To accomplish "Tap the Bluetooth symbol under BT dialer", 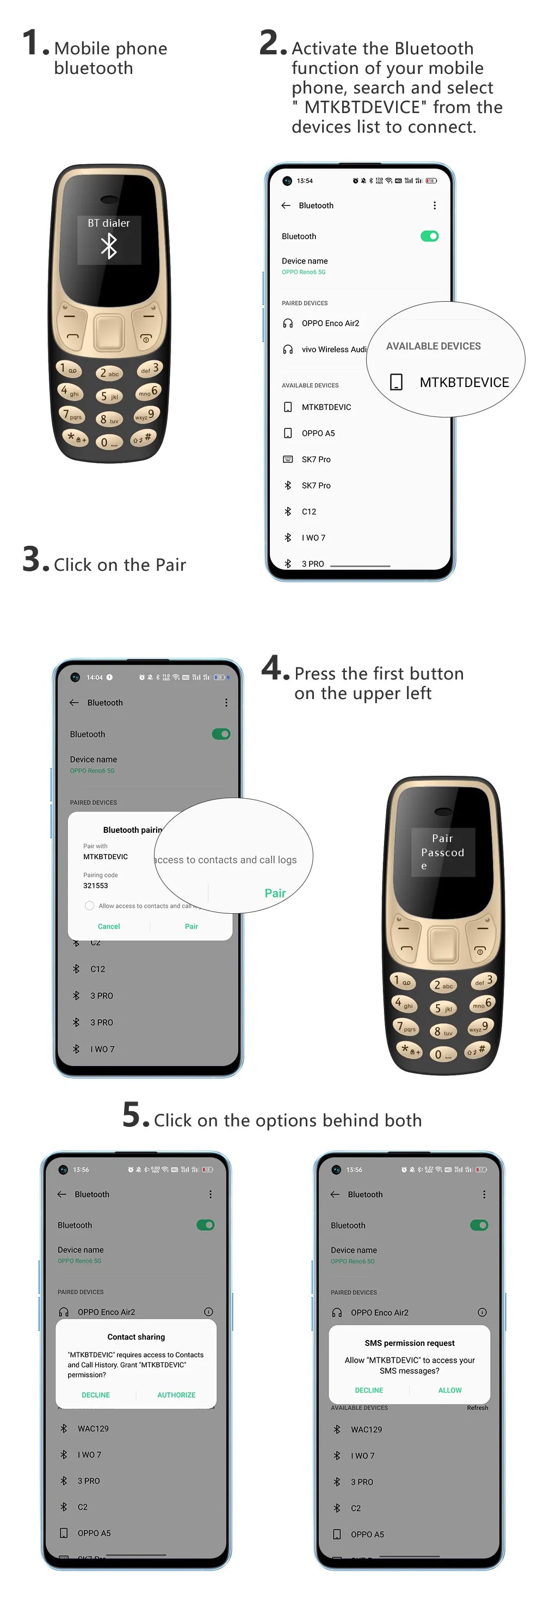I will pos(109,246).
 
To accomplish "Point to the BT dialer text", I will pos(109,223).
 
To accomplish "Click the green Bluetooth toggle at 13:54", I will pos(429,236).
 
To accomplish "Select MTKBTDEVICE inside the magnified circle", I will pos(464,382).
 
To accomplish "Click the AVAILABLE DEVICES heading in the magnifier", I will pos(433,346).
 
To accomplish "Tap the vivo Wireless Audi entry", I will pos(333,350).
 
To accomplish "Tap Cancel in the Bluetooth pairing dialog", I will pos(108,926).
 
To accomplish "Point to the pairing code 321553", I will pos(96,886).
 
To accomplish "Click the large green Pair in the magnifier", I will pos(275,893).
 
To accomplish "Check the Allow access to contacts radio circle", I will pos(90,905).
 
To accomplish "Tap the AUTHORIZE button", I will pos(176,1395).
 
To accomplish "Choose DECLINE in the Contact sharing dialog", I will pos(96,1395).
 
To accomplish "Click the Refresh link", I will pos(477,1407).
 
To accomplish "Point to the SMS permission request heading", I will pos(410,1343).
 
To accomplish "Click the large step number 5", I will pos(133,1116).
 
